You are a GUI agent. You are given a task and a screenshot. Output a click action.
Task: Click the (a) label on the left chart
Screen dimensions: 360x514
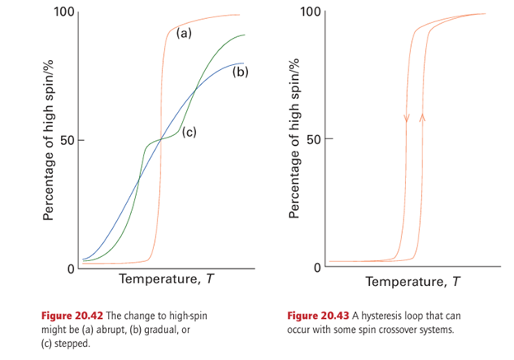point(184,34)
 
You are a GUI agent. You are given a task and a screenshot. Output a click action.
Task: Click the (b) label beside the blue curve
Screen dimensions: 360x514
point(240,72)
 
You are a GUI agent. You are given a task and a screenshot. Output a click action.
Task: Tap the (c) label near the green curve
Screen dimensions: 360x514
point(189,131)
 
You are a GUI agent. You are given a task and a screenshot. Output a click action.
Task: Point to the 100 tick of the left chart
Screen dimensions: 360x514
point(63,12)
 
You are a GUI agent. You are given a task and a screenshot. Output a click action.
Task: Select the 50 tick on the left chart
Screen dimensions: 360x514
point(67,140)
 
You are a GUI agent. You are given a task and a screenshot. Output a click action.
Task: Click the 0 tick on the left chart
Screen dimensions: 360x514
point(71,268)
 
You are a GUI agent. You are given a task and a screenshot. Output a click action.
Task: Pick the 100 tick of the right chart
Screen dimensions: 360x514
point(311,12)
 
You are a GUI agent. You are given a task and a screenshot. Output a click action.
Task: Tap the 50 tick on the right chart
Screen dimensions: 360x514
point(314,140)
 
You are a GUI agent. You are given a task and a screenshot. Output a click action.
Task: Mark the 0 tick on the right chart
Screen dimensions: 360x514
point(318,268)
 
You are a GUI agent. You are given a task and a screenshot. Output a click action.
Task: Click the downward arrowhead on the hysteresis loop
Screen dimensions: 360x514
point(406,119)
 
